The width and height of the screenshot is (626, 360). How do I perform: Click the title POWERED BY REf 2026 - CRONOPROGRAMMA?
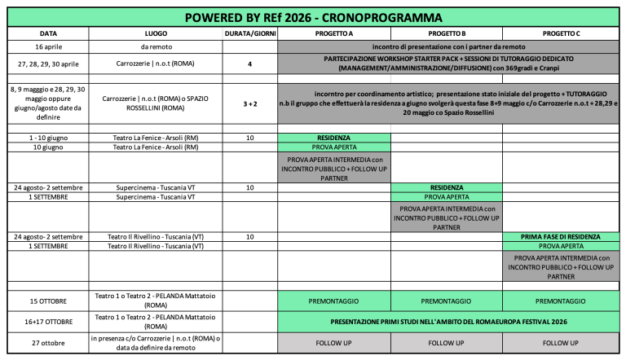click(x=314, y=17)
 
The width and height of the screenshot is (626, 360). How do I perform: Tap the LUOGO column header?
click(x=156, y=33)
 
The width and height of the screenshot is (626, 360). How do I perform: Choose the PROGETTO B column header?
click(x=446, y=33)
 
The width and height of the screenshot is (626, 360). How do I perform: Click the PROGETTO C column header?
click(x=560, y=33)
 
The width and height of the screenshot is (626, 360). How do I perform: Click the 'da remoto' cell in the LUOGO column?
click(x=156, y=46)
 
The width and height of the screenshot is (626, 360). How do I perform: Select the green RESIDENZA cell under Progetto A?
click(x=333, y=138)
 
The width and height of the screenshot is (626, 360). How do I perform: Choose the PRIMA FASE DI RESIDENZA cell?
click(x=560, y=236)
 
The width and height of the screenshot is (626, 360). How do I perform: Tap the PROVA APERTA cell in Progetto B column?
click(x=446, y=197)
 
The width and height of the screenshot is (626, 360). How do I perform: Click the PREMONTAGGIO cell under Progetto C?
click(x=560, y=301)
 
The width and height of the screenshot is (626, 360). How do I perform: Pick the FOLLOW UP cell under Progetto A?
click(x=333, y=343)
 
